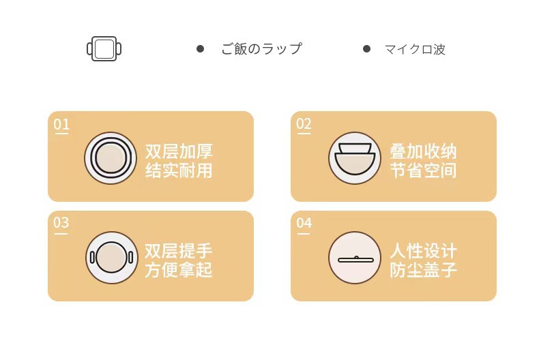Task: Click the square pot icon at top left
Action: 104,49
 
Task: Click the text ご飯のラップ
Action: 261,49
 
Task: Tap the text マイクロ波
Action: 415,49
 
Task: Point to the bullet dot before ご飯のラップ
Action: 200,48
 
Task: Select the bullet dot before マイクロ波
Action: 366,48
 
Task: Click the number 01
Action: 61,124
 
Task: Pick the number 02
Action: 304,124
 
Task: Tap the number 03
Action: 61,223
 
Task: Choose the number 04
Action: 304,223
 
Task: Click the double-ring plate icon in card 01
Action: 111,158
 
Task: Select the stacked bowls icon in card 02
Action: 354,158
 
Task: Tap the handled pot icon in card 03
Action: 111,258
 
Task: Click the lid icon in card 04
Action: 354,258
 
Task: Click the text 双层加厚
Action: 179,151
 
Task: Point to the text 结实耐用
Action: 179,170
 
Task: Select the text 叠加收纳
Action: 423,151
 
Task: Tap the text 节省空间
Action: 423,170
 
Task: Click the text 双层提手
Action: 179,250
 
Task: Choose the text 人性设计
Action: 423,250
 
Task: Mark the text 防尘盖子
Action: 423,269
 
